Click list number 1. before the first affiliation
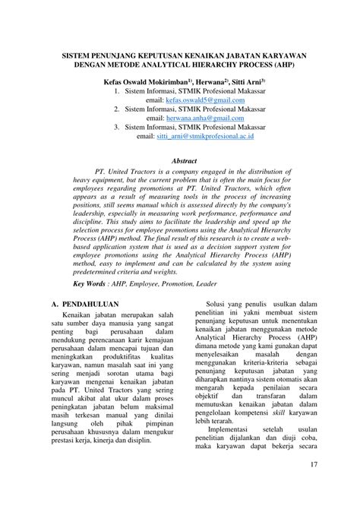pyautogui.click(x=115, y=90)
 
